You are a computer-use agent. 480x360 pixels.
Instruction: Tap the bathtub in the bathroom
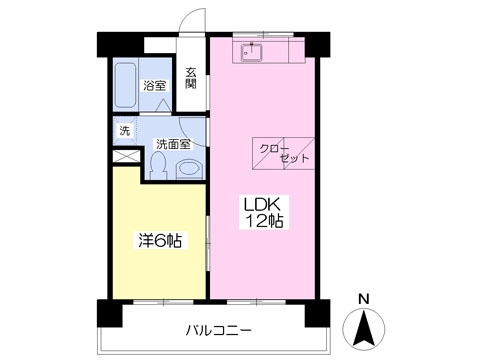[x=126, y=87]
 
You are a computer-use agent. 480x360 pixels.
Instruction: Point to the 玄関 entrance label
[x=191, y=77]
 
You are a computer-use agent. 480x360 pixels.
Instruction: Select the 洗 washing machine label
[x=125, y=131]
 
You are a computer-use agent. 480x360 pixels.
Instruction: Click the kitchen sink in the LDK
[x=251, y=51]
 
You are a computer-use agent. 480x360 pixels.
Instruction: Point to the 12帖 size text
[x=264, y=222]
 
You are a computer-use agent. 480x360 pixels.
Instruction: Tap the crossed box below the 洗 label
[x=125, y=156]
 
